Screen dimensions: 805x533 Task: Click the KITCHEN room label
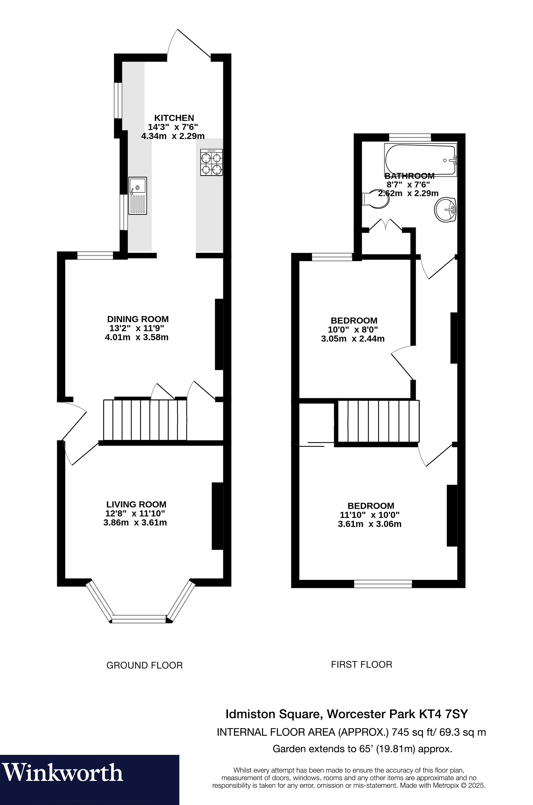[174, 118]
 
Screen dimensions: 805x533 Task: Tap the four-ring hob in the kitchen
[211, 163]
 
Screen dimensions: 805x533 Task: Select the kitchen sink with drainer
[138, 196]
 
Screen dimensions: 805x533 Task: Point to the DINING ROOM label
[138, 319]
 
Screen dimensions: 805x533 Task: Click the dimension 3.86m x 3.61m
[135, 523]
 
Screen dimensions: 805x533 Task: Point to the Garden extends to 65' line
[362, 749]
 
